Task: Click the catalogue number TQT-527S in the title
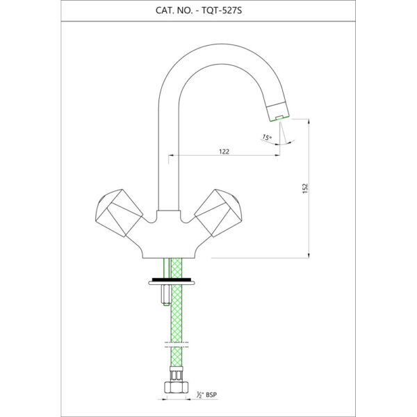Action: [222, 10]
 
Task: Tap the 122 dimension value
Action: [224, 152]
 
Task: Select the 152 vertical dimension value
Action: [305, 188]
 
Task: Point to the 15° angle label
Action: [267, 138]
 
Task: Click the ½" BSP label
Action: [206, 395]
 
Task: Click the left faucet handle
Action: [119, 213]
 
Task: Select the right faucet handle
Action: [219, 213]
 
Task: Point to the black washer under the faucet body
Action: [172, 280]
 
